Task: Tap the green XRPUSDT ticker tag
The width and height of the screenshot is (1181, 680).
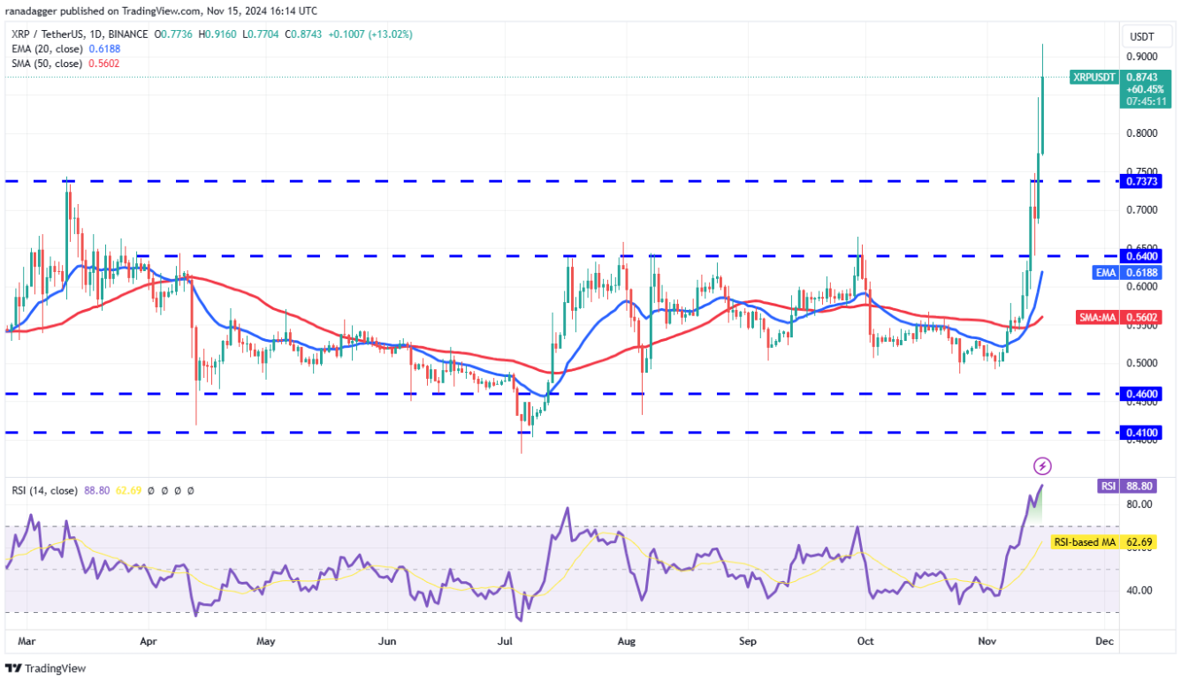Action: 1094,77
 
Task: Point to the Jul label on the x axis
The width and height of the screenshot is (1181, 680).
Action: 507,640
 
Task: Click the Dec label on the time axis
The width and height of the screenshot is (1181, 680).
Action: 1102,640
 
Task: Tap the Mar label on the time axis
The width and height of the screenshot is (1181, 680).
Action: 26,640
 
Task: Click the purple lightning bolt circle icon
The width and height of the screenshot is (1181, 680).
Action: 1043,465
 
